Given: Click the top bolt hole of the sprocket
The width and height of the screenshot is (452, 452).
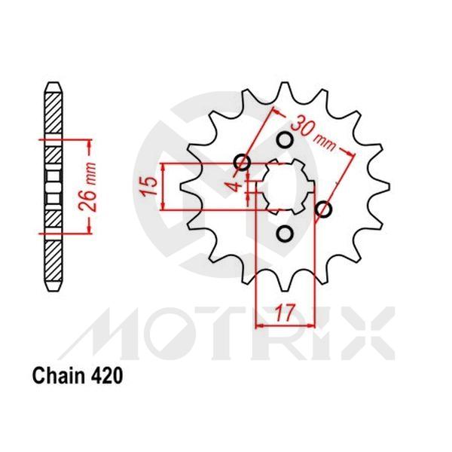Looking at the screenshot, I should [285, 140].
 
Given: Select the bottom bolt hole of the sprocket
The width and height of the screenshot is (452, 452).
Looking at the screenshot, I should [285, 234].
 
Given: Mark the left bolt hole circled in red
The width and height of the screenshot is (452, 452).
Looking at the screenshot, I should [242, 162].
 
